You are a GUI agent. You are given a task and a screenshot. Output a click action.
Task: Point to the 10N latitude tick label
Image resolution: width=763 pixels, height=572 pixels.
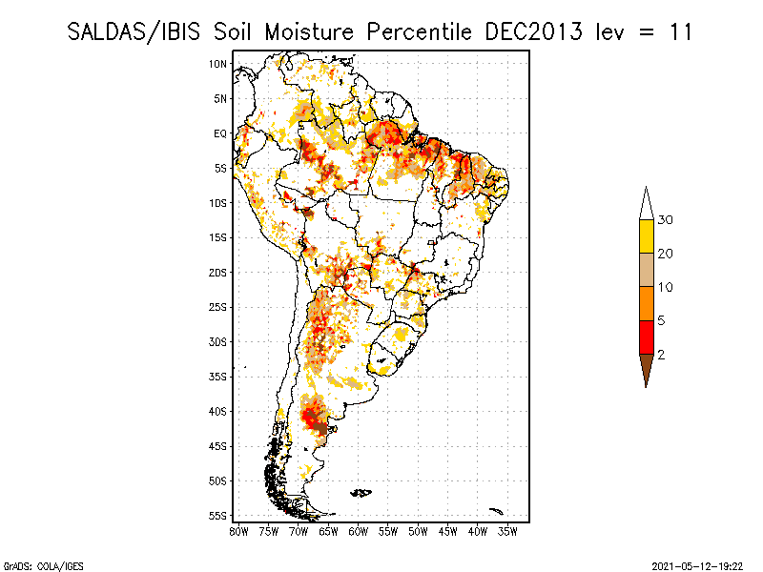[x=218, y=64]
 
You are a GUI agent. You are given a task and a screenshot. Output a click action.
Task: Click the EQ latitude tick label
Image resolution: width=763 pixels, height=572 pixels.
[x=220, y=133]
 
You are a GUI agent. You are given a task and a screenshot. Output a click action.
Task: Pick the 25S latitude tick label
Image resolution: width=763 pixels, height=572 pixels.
[x=218, y=307]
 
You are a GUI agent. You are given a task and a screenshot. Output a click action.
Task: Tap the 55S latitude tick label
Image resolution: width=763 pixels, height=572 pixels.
[x=218, y=516]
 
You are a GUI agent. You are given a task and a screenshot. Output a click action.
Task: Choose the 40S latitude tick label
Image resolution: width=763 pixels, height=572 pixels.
[x=218, y=412]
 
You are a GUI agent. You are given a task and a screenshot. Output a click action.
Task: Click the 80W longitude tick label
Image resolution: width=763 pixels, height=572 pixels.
[x=238, y=531]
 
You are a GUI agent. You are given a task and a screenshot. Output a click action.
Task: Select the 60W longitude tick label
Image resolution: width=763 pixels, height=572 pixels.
[x=359, y=531]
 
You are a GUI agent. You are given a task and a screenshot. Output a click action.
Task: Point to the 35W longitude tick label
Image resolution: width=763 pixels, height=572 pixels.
[x=508, y=531]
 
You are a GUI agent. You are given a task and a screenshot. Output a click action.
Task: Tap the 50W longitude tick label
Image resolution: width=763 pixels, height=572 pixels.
[x=419, y=531]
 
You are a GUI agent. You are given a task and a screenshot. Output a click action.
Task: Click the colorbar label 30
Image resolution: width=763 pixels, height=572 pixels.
[x=666, y=220]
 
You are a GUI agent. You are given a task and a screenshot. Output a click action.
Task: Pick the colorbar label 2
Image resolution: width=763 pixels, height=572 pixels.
[x=661, y=355]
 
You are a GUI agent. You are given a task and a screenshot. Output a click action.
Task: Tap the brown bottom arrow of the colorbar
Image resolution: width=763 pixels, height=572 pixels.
[x=647, y=370]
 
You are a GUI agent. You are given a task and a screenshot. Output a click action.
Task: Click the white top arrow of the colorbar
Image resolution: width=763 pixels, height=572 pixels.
[x=647, y=203]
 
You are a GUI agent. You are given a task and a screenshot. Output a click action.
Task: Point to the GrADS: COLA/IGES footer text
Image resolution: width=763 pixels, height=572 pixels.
[x=33, y=564]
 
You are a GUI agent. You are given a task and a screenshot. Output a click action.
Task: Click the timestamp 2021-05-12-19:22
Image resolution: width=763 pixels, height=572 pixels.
[x=698, y=564]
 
